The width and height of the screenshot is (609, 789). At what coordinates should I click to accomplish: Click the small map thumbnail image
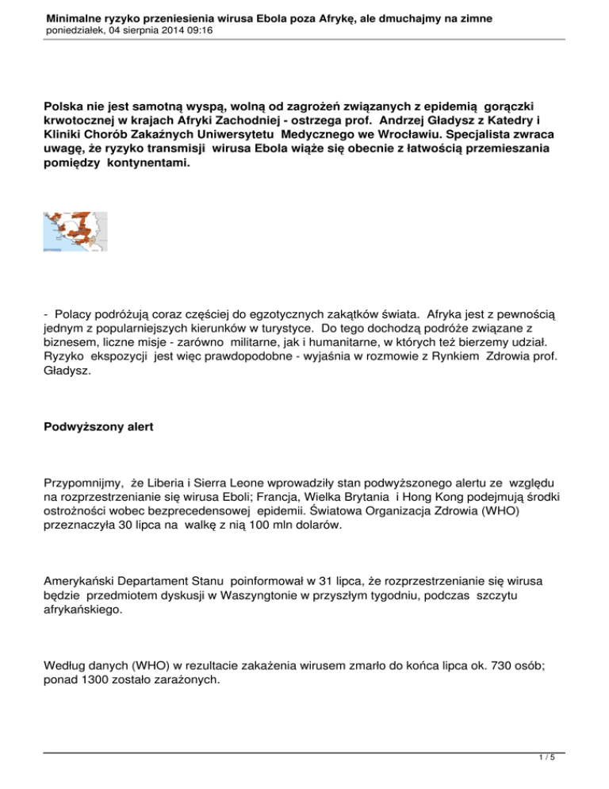tap(75, 232)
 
